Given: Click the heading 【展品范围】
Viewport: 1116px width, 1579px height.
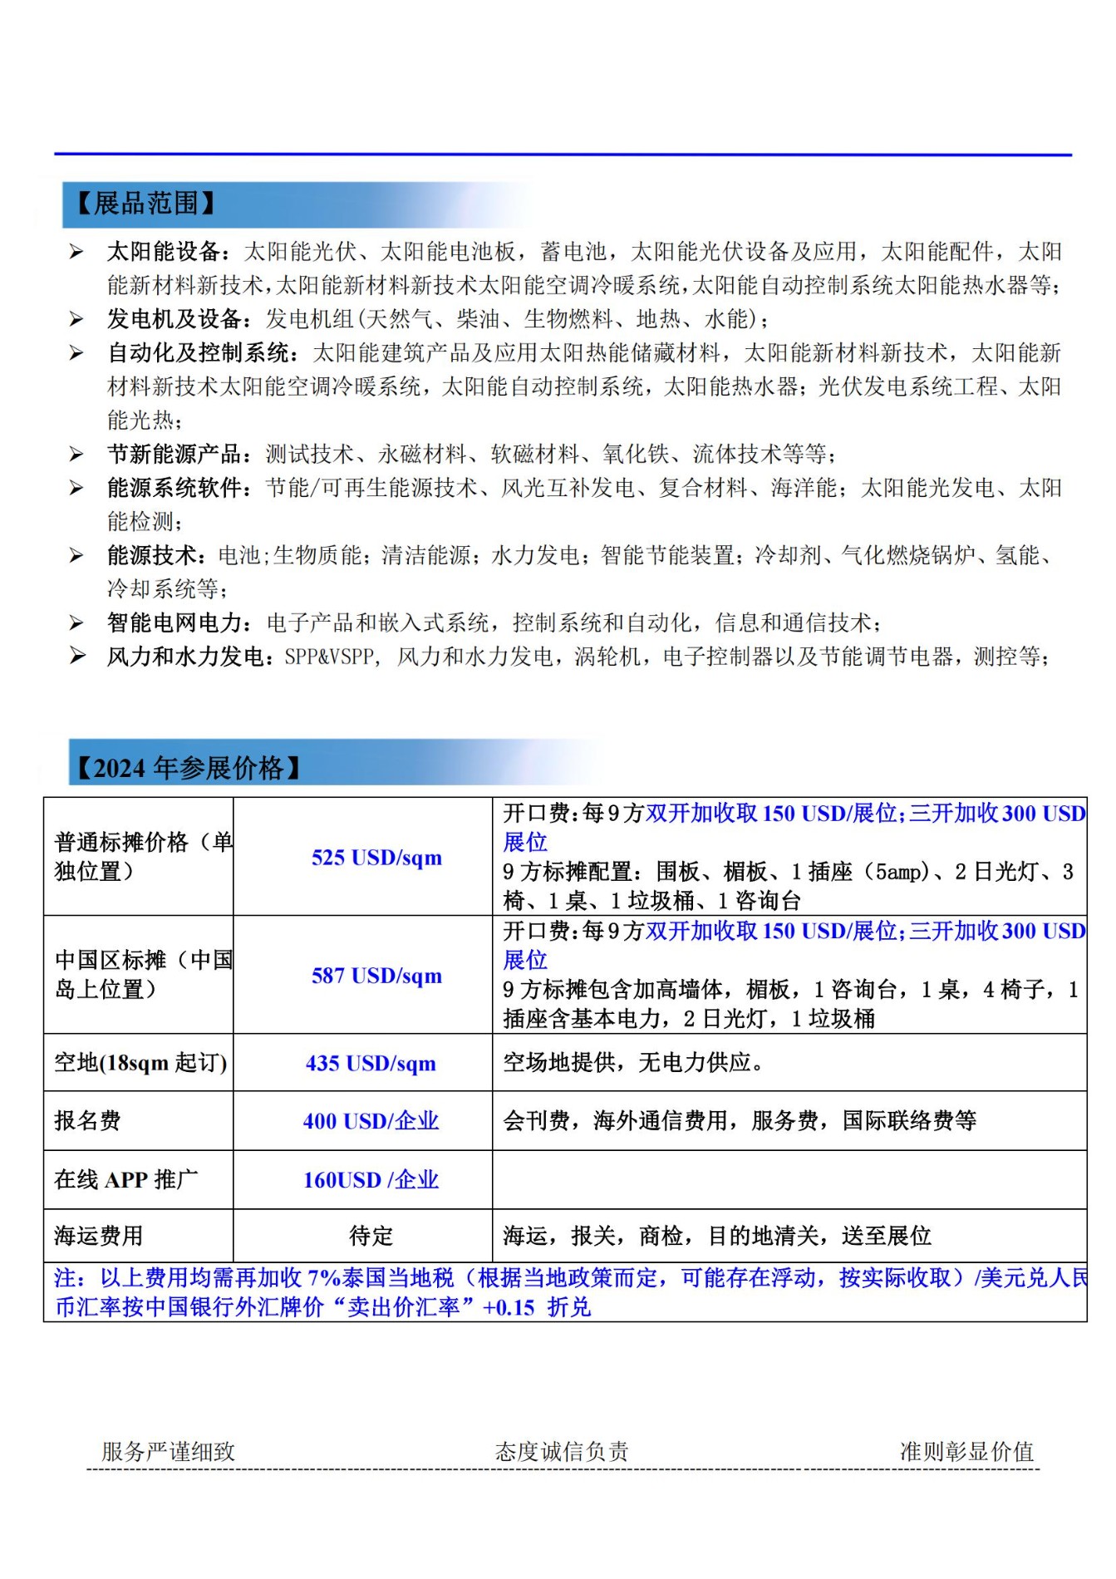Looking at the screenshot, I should tap(145, 204).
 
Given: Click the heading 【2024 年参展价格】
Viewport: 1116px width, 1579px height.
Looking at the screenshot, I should tap(188, 767).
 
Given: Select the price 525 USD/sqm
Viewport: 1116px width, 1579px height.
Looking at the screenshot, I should tap(376, 857).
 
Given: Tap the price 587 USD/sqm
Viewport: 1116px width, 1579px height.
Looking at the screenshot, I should tap(376, 975).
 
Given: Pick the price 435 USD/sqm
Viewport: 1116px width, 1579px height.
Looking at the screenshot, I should tap(371, 1063).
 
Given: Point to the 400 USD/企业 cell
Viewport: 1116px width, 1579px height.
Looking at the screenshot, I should tap(371, 1121).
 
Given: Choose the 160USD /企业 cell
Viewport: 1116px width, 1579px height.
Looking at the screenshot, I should tap(371, 1179).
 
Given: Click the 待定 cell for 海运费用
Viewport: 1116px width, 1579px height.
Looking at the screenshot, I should tap(371, 1236).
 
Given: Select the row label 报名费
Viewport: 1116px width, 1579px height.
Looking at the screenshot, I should tap(87, 1121).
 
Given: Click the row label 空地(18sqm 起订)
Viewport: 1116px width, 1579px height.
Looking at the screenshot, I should tap(140, 1063).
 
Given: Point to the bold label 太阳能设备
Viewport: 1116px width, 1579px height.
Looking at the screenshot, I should tap(164, 252).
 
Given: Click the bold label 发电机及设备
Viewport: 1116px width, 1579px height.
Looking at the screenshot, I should tap(175, 319).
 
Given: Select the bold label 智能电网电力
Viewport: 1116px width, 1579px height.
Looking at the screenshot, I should tap(175, 622).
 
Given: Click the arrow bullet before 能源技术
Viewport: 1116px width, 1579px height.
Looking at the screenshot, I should tap(76, 555).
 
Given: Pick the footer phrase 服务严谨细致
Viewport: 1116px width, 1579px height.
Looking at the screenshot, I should tap(169, 1452).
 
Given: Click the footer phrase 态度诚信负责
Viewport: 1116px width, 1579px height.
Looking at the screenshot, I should tap(562, 1452).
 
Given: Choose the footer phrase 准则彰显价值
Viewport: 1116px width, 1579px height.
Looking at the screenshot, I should tap(966, 1452).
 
